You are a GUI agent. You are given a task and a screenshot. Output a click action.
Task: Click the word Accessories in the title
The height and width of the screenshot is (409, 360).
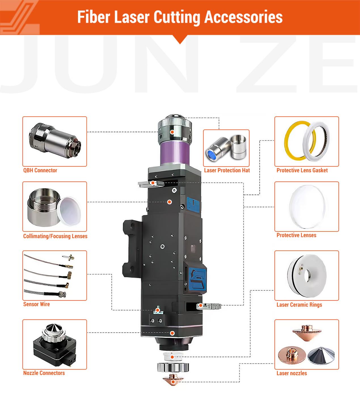click(x=243, y=17)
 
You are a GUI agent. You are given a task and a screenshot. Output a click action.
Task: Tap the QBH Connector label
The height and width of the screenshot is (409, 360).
click(x=40, y=170)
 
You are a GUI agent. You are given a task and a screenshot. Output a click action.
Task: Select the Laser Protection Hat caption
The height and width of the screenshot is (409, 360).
click(x=227, y=170)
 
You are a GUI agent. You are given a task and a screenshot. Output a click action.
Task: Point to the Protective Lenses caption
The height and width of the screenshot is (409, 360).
click(x=296, y=235)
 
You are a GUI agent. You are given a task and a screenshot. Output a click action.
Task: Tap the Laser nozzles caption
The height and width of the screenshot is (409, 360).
click(x=292, y=373)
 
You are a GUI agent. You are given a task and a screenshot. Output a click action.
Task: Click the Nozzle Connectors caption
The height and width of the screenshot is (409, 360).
click(x=44, y=373)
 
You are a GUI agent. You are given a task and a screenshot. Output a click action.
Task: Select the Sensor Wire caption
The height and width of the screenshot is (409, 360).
click(x=37, y=304)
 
